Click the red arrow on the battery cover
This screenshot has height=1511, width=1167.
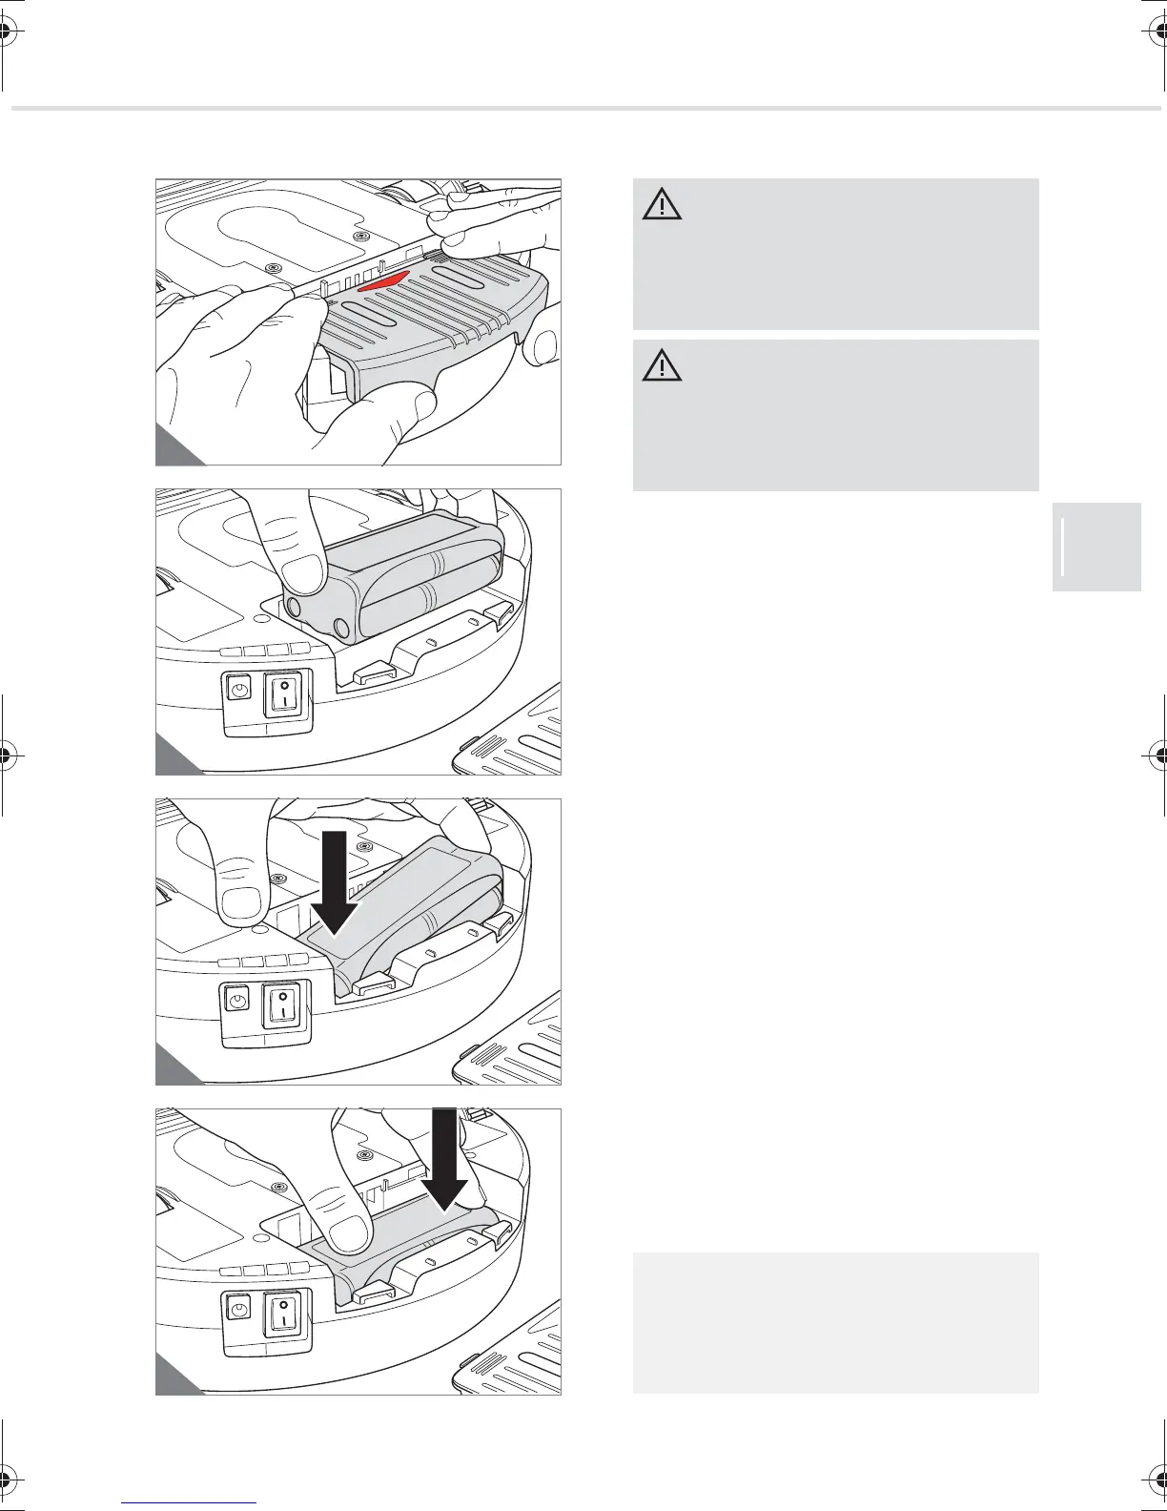point(384,282)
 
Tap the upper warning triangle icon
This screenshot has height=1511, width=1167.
point(662,205)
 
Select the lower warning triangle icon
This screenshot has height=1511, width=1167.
point(662,366)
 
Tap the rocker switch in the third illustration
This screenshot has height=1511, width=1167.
point(284,1004)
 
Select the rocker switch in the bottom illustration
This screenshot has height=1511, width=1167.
point(284,1314)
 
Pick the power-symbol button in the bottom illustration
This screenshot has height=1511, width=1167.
point(238,1310)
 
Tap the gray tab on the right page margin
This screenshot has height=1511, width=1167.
point(1096,547)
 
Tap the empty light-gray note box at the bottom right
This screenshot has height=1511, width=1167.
point(835,1322)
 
